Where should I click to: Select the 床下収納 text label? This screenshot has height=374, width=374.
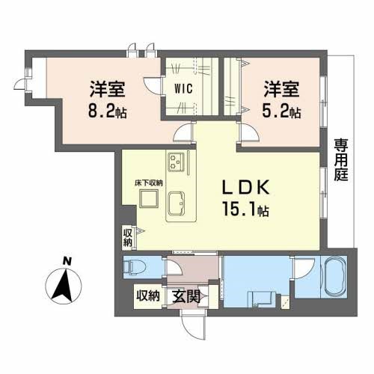tap(149, 183)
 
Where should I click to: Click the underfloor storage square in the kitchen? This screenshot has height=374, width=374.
tap(149, 198)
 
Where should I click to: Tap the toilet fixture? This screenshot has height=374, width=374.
tap(137, 266)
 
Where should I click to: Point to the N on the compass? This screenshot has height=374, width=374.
tap(67, 260)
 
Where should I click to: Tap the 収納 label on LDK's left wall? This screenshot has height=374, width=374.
tap(128, 237)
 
